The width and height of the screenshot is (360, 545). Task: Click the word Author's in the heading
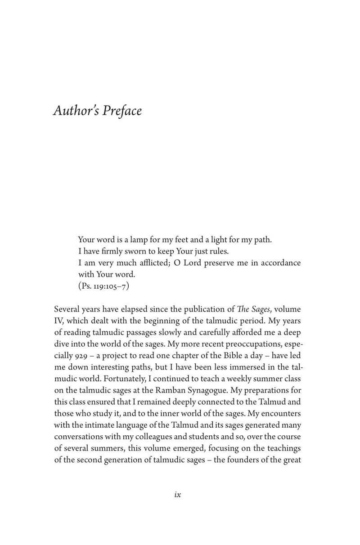click(x=76, y=111)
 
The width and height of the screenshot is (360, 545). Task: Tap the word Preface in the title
click(x=122, y=111)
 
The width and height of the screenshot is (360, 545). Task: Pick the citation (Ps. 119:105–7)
click(x=103, y=285)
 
